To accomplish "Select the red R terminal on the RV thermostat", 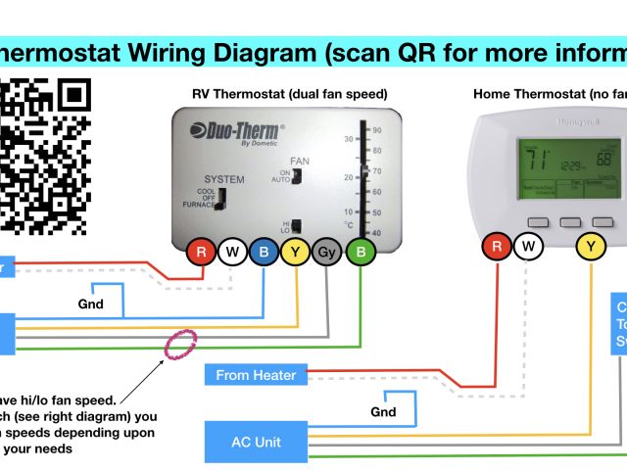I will point(202,253).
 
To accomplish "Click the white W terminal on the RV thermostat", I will point(232,253).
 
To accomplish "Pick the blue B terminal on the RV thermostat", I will point(264,253).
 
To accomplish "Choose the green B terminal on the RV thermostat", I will point(362,253).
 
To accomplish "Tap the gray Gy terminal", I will point(327,253).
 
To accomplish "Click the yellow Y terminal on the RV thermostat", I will point(295,253).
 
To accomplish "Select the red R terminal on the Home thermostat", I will point(498,247).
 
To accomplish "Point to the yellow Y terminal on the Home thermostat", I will point(591,247).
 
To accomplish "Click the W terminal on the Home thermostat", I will point(529,247).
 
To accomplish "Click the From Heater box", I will point(257,375).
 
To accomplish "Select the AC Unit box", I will point(257,443).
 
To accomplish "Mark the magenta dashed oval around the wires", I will point(180,347).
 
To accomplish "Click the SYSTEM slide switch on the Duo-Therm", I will point(221,199).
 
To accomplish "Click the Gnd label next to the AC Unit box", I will point(383,412).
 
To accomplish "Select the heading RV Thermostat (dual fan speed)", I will point(289,95).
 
